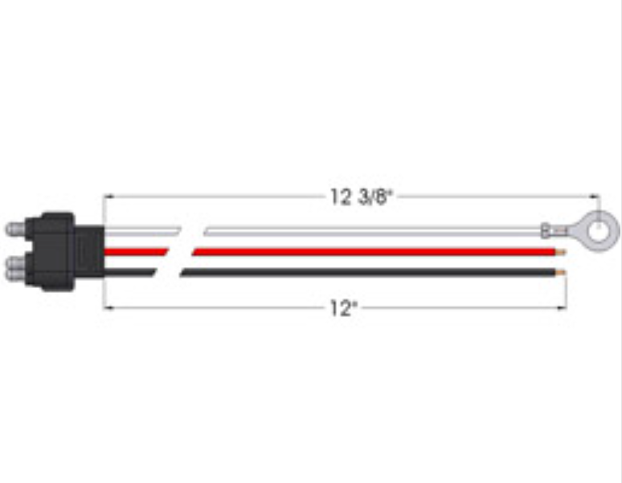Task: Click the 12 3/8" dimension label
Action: tap(362, 197)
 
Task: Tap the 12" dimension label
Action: tap(344, 308)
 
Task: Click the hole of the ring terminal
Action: tap(598, 231)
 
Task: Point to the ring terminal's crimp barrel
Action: tap(546, 230)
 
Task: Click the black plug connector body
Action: tap(63, 251)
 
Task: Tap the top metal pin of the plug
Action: tap(15, 229)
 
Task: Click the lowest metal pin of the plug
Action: tap(15, 275)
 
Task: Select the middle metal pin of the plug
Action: tap(15, 263)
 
